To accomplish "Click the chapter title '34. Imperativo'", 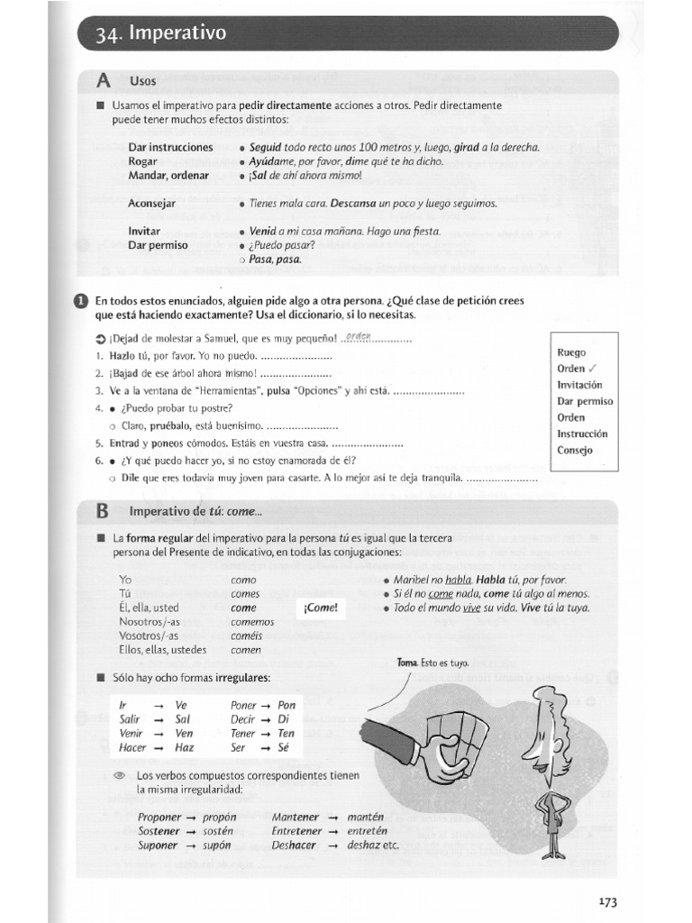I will [163, 34].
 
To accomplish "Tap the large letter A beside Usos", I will [104, 81].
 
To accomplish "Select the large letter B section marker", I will [103, 512].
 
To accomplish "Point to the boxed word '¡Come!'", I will [320, 608].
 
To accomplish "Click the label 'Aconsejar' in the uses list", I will [152, 204].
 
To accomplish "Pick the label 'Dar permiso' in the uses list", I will [158, 245].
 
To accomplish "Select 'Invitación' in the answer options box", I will [579, 385].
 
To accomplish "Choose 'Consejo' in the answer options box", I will [575, 450].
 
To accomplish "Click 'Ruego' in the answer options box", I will [571, 352].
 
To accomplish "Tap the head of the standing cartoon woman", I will [547, 721].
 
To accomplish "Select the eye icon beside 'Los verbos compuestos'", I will [119, 775].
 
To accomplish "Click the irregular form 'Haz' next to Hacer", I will [184, 747].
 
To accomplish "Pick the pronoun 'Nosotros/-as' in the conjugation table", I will [150, 622].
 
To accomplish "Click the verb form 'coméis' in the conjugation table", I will [246, 635].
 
